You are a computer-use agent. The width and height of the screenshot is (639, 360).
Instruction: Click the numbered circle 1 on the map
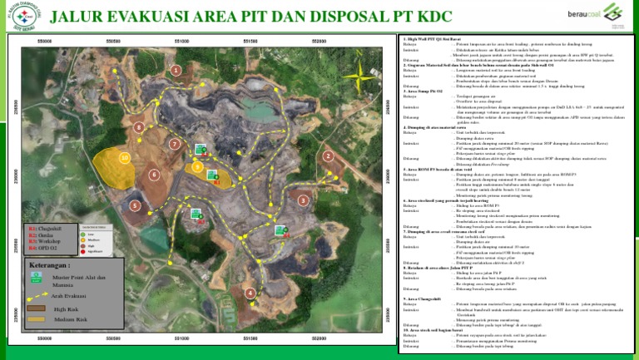point(176,72)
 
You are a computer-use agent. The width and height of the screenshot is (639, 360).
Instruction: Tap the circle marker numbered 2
point(329,156)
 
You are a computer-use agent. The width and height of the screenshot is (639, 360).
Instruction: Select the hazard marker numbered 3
point(302,200)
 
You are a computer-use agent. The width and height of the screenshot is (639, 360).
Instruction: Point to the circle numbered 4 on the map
point(250,293)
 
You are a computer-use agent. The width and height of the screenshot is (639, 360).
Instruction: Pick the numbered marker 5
point(135,205)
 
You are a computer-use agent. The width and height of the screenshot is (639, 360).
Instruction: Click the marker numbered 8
point(139,127)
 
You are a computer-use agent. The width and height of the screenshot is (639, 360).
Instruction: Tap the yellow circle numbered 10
point(124,157)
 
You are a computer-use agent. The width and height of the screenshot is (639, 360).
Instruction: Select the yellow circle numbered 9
point(197,166)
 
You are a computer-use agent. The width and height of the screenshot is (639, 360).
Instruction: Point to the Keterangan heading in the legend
point(49,266)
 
